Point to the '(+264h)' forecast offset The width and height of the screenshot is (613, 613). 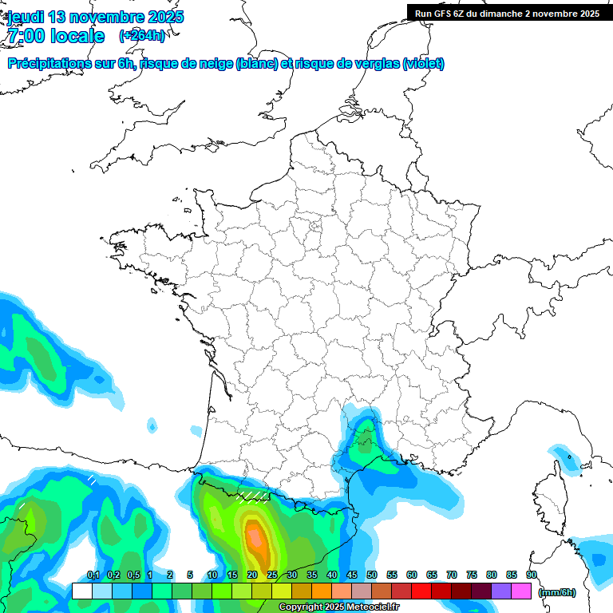142,36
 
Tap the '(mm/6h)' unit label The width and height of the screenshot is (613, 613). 557,591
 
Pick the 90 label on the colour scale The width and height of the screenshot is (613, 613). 532,575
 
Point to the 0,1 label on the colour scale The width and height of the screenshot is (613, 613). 93,575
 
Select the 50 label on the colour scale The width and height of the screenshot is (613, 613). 372,575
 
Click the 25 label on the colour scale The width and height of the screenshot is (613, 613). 272,575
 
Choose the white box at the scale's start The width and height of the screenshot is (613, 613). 81,591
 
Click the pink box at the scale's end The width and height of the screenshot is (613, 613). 521,591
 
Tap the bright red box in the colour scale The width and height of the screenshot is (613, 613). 421,591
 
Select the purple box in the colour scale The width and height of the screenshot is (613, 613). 501,591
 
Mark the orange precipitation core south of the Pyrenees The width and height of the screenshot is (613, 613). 255,540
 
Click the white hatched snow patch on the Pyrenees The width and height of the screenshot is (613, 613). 252,498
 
